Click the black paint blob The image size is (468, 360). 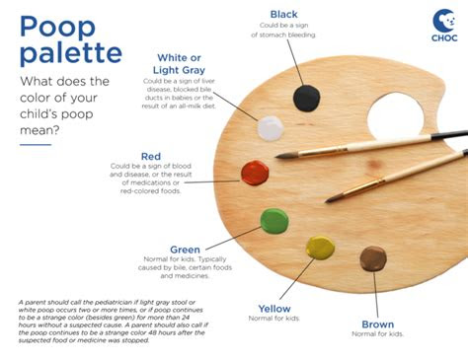pos(307,97)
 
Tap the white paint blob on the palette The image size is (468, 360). pos(271,128)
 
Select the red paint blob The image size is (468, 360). pos(255,173)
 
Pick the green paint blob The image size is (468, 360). pos(274,220)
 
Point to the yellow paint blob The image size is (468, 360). pos(320,248)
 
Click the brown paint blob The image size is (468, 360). pos(373,258)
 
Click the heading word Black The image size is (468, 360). pos(284,13)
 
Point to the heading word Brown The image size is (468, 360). pos(377,324)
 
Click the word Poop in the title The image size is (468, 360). pos(60,27)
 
